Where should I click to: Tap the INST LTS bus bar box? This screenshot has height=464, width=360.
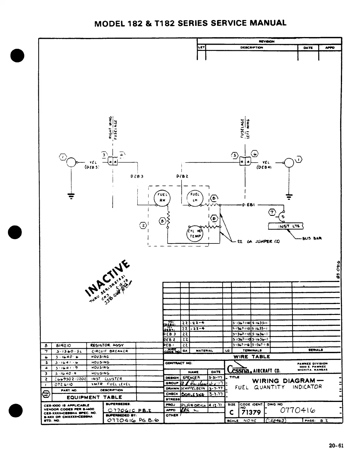click(x=286, y=226)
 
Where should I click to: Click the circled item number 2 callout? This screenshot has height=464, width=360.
click(x=143, y=226)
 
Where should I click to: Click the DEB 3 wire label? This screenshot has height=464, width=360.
click(x=136, y=177)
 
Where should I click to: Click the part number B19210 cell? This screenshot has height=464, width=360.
click(x=62, y=346)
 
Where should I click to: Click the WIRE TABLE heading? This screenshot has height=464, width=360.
click(x=251, y=357)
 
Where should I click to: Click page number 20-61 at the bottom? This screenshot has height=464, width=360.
click(x=336, y=445)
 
